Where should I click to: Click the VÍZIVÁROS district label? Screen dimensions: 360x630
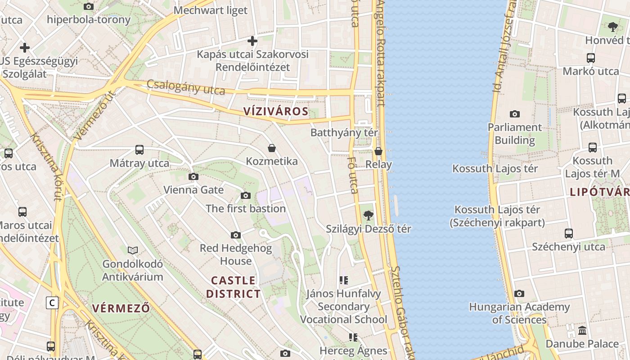coord(276,112)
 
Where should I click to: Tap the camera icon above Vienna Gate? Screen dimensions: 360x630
coord(193,177)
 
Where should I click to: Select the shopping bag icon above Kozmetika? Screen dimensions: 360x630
coord(272,148)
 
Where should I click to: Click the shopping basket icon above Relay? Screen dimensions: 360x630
coord(378,151)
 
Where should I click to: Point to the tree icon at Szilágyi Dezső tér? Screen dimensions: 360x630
coord(369,216)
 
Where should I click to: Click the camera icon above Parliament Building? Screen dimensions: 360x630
coord(515,114)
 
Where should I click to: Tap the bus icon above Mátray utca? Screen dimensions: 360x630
coord(139,150)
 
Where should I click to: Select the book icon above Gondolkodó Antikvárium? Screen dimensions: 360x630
coord(133,250)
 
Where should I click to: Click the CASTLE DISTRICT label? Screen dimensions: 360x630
coord(234,287)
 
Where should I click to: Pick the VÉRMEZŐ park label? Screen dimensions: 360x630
coord(121,308)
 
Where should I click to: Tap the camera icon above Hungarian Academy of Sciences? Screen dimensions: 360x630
coord(519,294)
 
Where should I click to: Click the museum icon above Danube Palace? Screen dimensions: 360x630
coord(582,331)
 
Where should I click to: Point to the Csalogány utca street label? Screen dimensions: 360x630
coord(186,87)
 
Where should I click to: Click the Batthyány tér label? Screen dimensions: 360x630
coord(344,133)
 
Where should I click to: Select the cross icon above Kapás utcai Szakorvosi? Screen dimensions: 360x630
coord(252,41)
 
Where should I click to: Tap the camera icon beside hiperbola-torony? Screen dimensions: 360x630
coord(89,6)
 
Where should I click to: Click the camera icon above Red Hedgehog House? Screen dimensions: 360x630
coord(236,235)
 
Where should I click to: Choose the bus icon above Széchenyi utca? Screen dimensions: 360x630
coord(569,234)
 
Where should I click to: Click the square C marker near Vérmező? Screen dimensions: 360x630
coord(52,303)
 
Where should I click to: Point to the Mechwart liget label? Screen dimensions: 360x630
coord(211,10)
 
